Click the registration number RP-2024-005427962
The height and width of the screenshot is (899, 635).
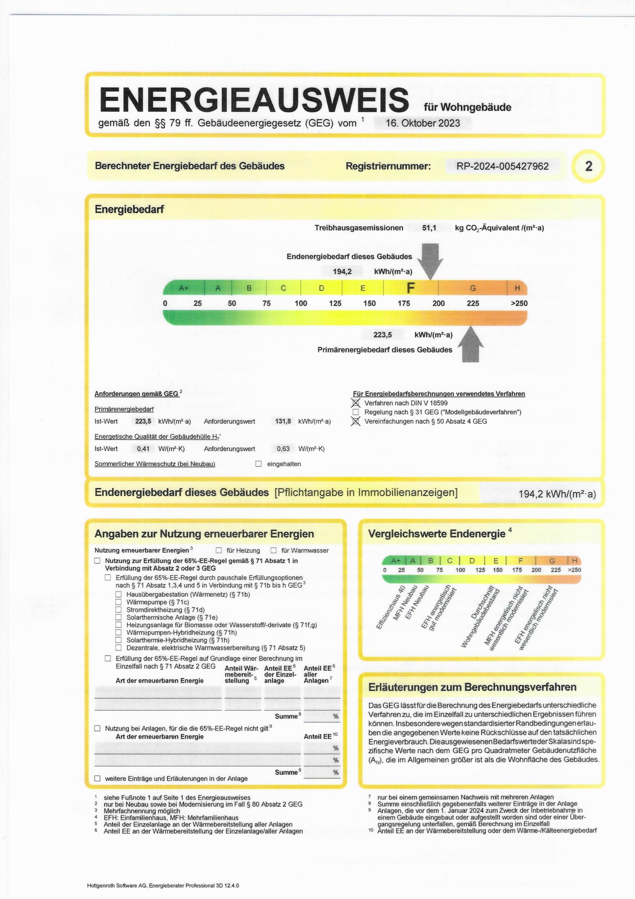click(502, 166)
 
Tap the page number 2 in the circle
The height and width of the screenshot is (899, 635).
click(588, 166)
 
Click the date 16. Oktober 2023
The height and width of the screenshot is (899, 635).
click(422, 123)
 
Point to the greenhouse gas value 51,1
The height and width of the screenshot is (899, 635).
click(429, 228)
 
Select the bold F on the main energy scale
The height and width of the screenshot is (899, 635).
click(410, 288)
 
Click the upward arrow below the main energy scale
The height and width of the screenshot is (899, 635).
click(470, 345)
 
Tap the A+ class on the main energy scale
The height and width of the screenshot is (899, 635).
click(183, 288)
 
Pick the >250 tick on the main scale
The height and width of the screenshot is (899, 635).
click(519, 303)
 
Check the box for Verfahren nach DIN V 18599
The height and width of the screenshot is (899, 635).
click(356, 403)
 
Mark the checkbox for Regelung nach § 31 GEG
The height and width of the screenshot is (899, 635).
click(356, 412)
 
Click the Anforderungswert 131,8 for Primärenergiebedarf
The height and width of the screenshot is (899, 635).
click(283, 421)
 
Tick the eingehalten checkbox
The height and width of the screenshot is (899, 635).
click(258, 464)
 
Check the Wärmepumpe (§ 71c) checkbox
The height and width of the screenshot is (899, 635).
click(119, 602)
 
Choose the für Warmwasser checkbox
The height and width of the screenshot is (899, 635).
click(274, 550)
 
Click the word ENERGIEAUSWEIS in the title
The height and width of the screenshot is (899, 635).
click(254, 99)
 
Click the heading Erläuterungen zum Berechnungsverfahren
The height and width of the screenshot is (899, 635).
click(472, 687)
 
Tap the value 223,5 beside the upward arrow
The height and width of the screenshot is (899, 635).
click(382, 335)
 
